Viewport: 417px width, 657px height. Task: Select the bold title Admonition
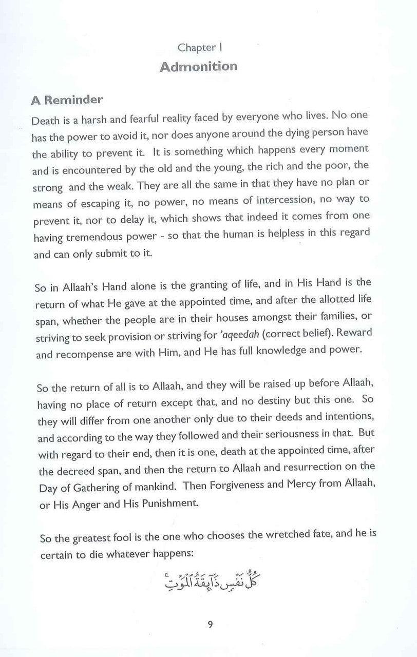198,67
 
